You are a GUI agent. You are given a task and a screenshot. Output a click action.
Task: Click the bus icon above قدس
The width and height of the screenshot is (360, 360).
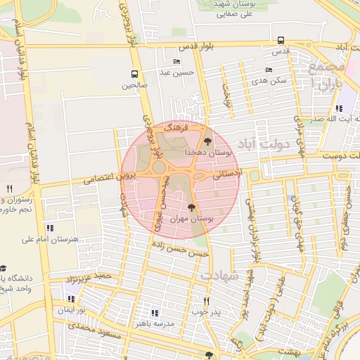(281, 40)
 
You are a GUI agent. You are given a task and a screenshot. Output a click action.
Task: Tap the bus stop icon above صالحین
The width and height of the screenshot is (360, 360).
(134, 74)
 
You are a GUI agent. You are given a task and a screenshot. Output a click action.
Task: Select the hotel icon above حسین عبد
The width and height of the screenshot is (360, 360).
(176, 61)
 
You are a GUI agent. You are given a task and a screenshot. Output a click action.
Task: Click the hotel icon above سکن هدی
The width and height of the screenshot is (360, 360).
(268, 70)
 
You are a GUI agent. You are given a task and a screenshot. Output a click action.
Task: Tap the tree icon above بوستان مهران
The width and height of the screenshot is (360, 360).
(192, 207)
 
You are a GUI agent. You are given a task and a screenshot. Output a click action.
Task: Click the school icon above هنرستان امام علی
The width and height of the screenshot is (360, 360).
(49, 228)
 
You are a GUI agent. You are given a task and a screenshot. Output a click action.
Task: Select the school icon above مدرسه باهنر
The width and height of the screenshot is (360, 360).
(155, 313)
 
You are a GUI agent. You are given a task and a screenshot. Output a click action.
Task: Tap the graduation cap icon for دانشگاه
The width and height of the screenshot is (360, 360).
(3, 269)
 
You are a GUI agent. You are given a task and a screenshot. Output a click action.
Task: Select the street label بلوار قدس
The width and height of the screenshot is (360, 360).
(195, 46)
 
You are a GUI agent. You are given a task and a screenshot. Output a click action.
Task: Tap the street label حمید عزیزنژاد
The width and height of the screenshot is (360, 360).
(89, 278)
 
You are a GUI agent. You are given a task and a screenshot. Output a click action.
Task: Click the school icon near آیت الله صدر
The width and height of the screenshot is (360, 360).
(339, 109)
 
